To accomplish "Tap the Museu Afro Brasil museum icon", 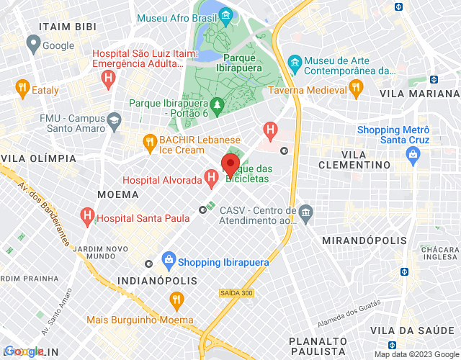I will pyautogui.click(x=225, y=14).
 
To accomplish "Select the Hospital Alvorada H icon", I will pyautogui.click(x=211, y=176).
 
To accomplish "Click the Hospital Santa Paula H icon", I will pyautogui.click(x=87, y=215).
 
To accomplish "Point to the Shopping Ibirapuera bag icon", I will pyautogui.click(x=168, y=258).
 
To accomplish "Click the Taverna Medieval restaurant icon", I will pyautogui.click(x=355, y=88).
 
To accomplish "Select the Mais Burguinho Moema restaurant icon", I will pyautogui.click(x=175, y=299).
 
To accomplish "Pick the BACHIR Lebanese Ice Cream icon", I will pyautogui.click(x=150, y=141).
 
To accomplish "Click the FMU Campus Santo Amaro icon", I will pyautogui.click(x=114, y=120).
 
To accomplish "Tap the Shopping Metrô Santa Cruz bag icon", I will pyautogui.click(x=413, y=153).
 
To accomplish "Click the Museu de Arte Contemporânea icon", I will pyautogui.click(x=294, y=62).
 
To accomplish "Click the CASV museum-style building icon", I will pyautogui.click(x=305, y=212).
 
